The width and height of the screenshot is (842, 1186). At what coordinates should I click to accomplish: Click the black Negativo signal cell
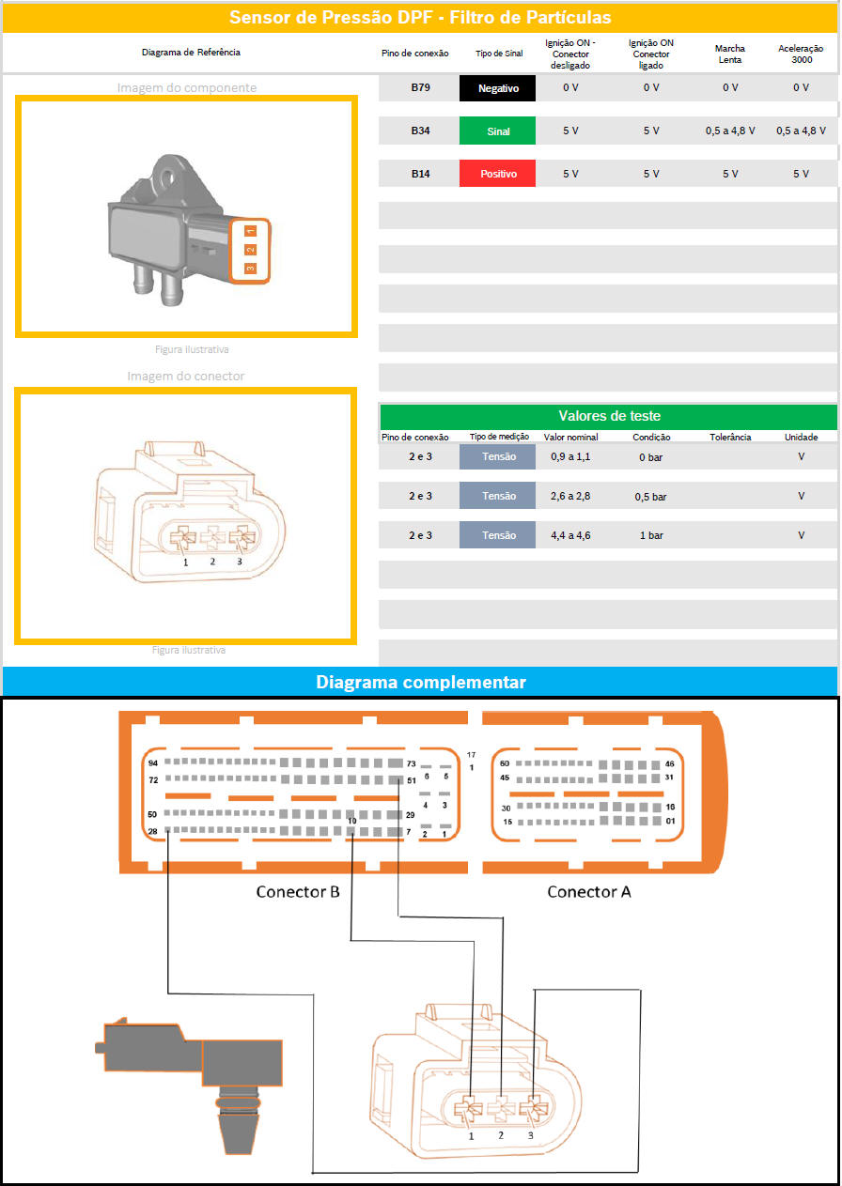pos(497,88)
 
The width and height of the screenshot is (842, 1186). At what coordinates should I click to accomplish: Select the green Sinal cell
pos(497,131)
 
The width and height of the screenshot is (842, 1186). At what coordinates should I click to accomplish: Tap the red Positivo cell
pos(497,174)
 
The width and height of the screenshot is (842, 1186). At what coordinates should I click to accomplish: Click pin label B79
pos(420,87)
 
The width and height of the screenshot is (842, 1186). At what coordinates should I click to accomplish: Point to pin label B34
pos(420,131)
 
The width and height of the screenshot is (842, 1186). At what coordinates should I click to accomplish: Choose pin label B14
pos(420,174)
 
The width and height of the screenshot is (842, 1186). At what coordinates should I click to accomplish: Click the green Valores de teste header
pos(609,416)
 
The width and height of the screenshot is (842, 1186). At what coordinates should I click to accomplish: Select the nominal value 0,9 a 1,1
pos(570,456)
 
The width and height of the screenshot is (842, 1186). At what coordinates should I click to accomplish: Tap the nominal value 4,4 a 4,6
pos(570,535)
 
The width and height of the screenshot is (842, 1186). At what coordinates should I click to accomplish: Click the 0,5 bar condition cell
pos(650,497)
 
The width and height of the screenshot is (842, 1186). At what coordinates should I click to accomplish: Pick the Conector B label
pos(298,892)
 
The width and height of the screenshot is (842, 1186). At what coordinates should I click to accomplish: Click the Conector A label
pos(588,892)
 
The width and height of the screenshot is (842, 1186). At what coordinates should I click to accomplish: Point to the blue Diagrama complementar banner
pos(420,682)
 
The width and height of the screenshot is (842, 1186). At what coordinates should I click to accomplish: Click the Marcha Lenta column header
pos(729,54)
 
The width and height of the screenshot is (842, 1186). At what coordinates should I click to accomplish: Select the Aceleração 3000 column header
pos(801,54)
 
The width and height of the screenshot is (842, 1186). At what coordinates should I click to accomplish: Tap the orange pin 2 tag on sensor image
pos(250,250)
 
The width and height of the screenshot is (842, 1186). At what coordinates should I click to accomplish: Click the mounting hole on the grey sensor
pos(168,176)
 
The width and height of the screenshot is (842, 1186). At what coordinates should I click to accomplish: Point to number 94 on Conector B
pos(153,762)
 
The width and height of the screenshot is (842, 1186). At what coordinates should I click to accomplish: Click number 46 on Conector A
pos(670,763)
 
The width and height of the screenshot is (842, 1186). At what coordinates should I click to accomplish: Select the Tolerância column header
pos(730,437)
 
